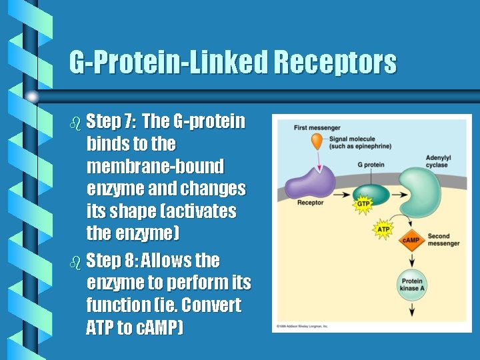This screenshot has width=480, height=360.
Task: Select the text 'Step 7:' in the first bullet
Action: point(111,121)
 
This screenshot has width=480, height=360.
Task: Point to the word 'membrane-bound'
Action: point(155,166)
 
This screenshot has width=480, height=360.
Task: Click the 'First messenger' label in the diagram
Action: point(317,128)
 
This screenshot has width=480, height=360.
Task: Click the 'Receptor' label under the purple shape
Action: point(310,203)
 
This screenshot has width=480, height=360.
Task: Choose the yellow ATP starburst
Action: point(383,229)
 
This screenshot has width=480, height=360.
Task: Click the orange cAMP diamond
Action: point(410,240)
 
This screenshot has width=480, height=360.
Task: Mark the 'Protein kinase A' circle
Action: point(410,283)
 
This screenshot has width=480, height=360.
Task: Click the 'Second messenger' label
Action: point(443,239)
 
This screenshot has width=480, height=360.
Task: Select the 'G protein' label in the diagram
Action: point(371,165)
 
